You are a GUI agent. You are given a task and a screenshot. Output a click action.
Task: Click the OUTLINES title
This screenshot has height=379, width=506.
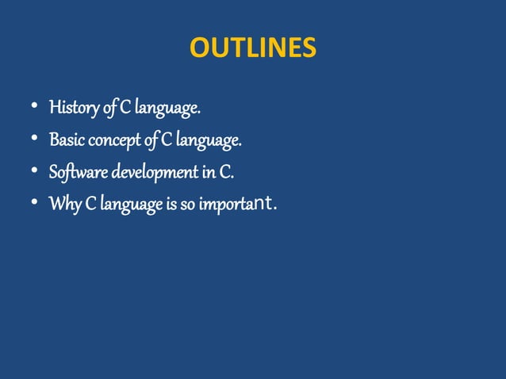252,49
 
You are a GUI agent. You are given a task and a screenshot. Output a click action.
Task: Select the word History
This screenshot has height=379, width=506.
73,107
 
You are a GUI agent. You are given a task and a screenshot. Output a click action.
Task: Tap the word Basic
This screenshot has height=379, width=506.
67,140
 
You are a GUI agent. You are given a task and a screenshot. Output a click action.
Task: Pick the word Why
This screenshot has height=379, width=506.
63,205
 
